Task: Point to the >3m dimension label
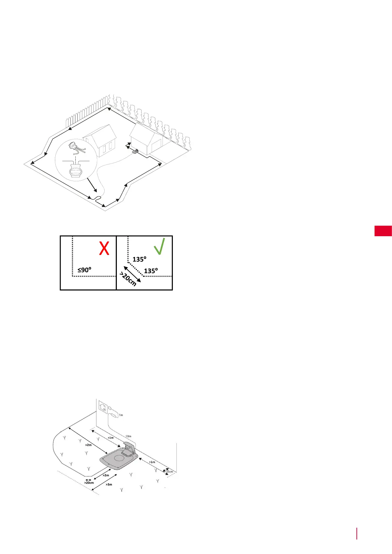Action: coord(109,485)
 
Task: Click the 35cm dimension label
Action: coord(169,471)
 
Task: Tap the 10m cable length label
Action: coord(128,436)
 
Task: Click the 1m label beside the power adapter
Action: coord(121,415)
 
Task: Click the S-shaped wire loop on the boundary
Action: coord(96,198)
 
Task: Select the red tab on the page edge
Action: coord(383,231)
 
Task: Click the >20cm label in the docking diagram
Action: coord(89,483)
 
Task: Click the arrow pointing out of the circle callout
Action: coord(92,185)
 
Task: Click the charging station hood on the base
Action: coord(129,447)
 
